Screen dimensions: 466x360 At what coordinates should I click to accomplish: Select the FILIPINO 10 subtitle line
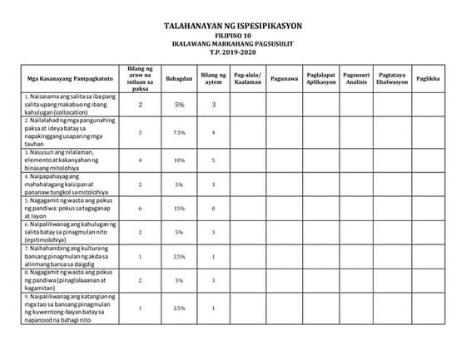pos(233,38)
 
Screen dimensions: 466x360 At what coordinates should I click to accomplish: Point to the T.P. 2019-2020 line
pos(233,55)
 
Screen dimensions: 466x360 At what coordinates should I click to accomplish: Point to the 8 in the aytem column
pos(213,209)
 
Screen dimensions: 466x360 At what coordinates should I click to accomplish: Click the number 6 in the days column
pos(141,209)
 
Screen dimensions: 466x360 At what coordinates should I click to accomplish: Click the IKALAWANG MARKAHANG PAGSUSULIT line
pos(233,47)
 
